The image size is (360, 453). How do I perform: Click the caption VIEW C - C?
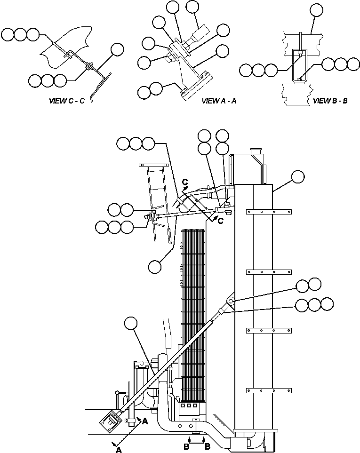coord(66,101)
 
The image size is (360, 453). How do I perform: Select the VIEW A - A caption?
coord(218,101)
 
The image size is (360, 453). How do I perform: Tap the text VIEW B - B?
coord(330,101)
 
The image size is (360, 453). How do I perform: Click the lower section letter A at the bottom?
coord(119,450)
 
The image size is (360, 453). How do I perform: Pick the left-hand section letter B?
coord(187,447)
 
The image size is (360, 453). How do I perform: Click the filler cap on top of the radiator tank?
coord(257,152)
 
